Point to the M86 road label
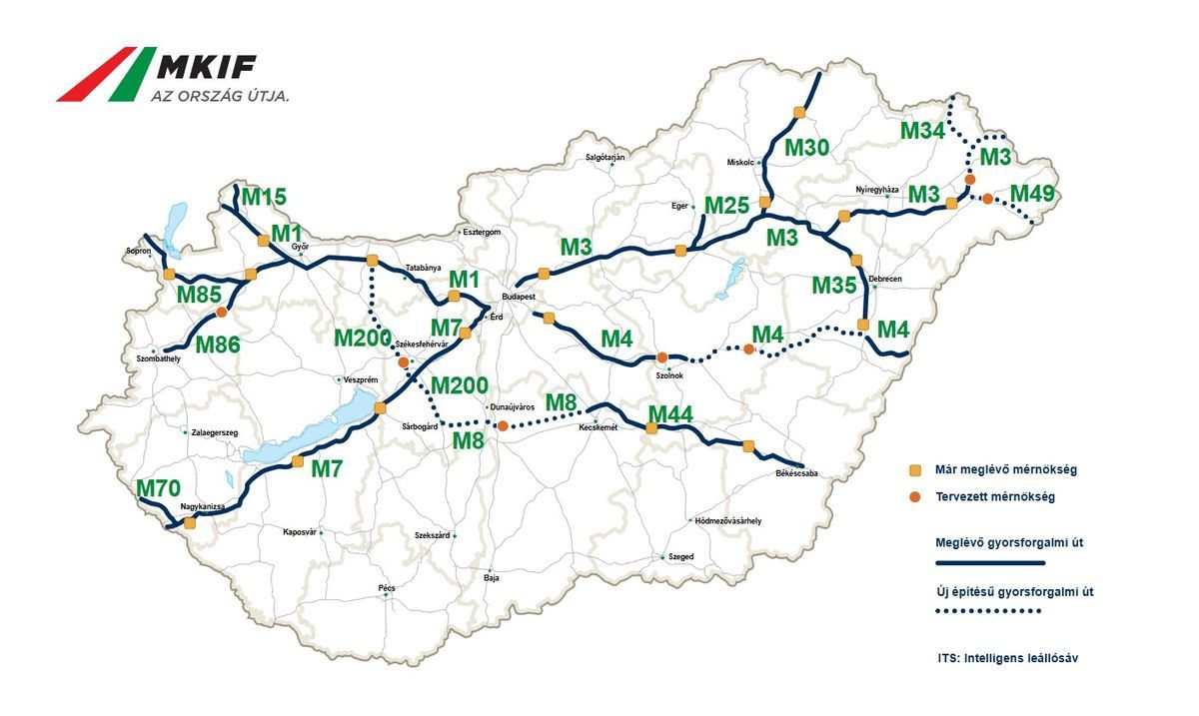tap(219, 345)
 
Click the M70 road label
tap(159, 488)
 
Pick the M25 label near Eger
tap(726, 205)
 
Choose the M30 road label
tap(806, 148)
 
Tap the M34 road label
tap(922, 130)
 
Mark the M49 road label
tap(1032, 193)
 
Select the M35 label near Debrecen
tap(834, 286)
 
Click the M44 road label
tap(671, 413)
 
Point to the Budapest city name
tap(520, 298)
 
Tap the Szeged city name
tap(677, 556)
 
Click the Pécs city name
tap(387, 588)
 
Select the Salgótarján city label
tap(604, 157)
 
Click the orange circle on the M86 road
tap(222, 313)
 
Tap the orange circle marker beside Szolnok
tap(661, 358)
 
